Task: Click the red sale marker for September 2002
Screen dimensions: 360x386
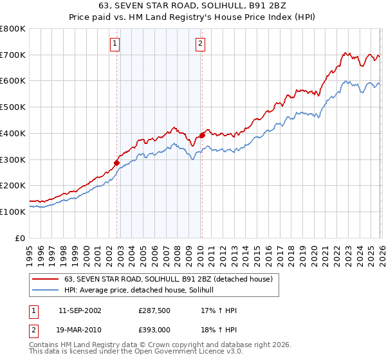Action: point(117,163)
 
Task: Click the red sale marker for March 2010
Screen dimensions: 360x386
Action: point(202,135)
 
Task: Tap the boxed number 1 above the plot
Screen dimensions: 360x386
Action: point(115,44)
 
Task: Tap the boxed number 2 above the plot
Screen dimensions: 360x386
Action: point(200,44)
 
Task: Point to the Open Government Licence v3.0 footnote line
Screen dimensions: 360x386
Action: point(136,352)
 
